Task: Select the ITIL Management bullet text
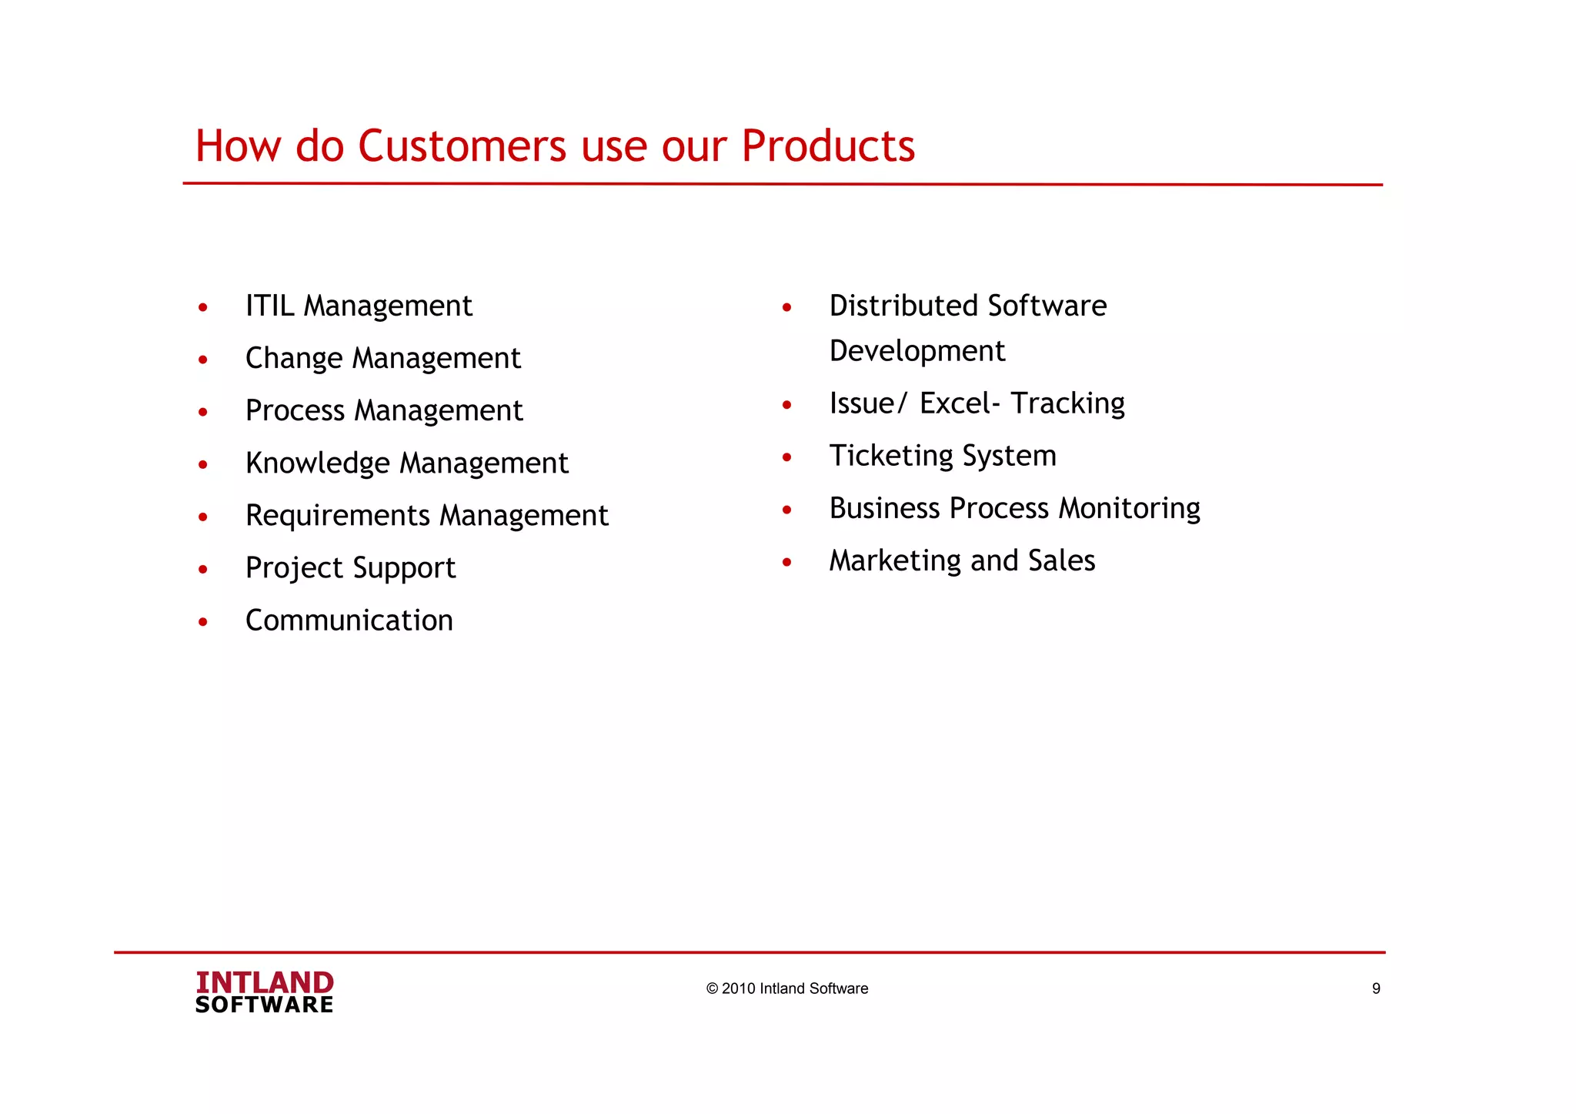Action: coord(358,306)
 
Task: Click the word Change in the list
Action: coord(293,359)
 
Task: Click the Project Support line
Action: coord(350,568)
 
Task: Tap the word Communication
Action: coord(349,621)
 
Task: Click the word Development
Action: coord(917,352)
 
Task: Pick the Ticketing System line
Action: coord(942,456)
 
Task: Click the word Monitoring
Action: coord(1129,509)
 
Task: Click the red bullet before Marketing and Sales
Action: coord(786,563)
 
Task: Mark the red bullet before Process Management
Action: coord(202,413)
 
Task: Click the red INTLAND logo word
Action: coord(264,982)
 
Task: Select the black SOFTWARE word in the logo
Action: coord(264,1005)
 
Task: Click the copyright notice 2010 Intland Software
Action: coord(786,989)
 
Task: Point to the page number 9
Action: coord(1376,989)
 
